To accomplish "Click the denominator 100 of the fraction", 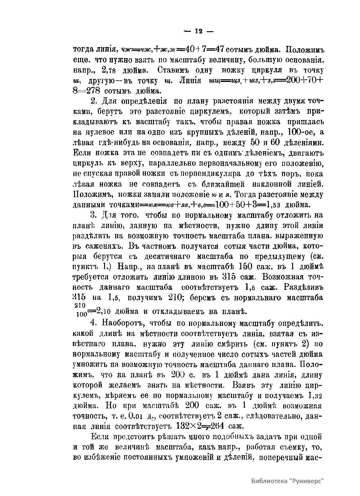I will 81,314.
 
